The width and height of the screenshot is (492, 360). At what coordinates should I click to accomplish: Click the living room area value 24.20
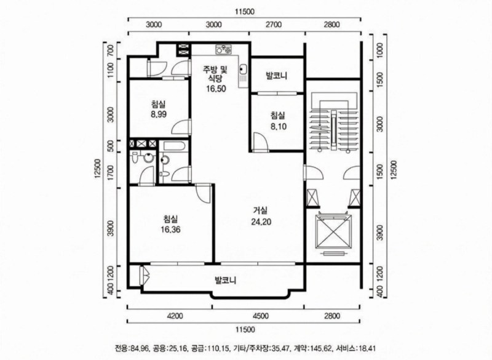pos(261,222)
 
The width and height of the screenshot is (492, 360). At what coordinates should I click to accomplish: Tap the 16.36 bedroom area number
pos(170,230)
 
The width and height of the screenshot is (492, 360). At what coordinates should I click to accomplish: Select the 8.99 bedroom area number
pos(159,114)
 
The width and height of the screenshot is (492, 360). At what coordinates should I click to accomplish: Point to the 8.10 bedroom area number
pos(279,127)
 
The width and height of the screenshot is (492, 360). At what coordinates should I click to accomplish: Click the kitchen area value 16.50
pos(216,89)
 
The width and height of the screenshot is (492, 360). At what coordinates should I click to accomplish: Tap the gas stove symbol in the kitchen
pos(223,49)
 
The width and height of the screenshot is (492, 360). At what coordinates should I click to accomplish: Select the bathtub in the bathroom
pos(173,146)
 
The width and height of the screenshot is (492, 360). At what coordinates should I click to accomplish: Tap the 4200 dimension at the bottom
pos(175,316)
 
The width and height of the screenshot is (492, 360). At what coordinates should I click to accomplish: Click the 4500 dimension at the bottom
pos(260,316)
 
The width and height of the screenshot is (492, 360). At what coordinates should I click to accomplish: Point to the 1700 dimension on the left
pos(110,173)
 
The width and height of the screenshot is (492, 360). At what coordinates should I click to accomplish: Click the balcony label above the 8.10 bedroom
pos(276,76)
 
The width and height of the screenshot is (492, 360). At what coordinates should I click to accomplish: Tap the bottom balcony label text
pos(225,280)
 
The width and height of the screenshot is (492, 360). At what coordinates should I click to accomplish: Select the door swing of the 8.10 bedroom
pos(260,142)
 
